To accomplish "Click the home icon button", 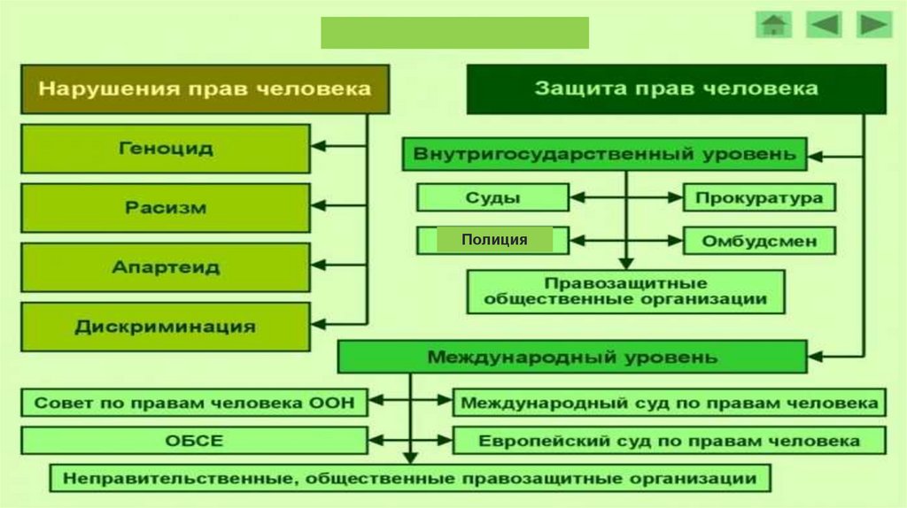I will (773, 25).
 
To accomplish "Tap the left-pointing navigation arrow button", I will (823, 25).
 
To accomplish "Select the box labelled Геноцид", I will (166, 148).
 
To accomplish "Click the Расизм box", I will (166, 208).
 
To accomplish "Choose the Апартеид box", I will (166, 267).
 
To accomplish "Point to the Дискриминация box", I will (166, 327).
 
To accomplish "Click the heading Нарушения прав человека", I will (205, 89).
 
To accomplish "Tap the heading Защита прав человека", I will (676, 89).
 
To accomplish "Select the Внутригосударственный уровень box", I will (605, 154).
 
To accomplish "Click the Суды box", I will (492, 197).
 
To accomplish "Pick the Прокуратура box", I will (758, 197).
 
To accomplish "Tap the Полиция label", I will (494, 240).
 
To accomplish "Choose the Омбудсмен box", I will (758, 240).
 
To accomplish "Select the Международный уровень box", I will (572, 358).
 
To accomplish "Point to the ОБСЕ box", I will (194, 441).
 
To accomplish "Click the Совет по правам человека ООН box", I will (194, 403).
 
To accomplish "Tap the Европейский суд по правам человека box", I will (669, 441).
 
